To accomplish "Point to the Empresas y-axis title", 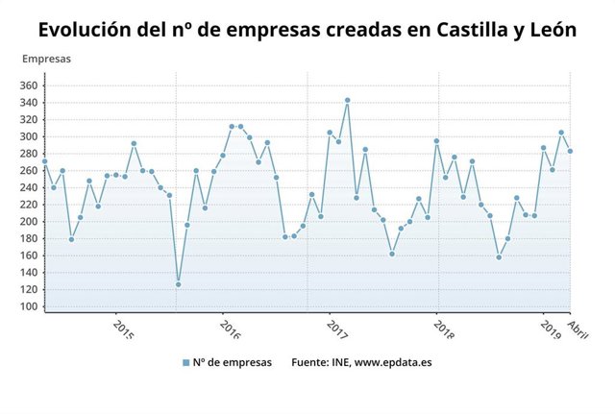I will pyautogui.click(x=46, y=59).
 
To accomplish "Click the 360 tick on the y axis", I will pyautogui.click(x=28, y=85).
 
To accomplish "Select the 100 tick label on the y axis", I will pyautogui.click(x=28, y=306).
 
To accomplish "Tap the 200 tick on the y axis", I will pyautogui.click(x=28, y=221).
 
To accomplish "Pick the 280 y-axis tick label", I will pyautogui.click(x=28, y=154).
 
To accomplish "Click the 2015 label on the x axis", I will pyautogui.click(x=123, y=329).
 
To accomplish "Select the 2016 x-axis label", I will pyautogui.click(x=231, y=329).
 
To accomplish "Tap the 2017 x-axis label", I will pyautogui.click(x=337, y=329).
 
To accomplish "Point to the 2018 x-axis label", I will pyautogui.click(x=444, y=329).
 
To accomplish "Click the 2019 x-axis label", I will pyautogui.click(x=551, y=329).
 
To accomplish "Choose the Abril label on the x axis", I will pyautogui.click(x=578, y=329).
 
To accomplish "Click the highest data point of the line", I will pyautogui.click(x=347, y=100).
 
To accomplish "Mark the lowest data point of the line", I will pyautogui.click(x=178, y=284).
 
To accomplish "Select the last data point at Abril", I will pyautogui.click(x=570, y=151).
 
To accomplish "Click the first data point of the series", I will pyautogui.click(x=44, y=161).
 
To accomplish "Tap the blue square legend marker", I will pyautogui.click(x=185, y=363).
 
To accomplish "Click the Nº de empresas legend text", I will pyautogui.click(x=233, y=363).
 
